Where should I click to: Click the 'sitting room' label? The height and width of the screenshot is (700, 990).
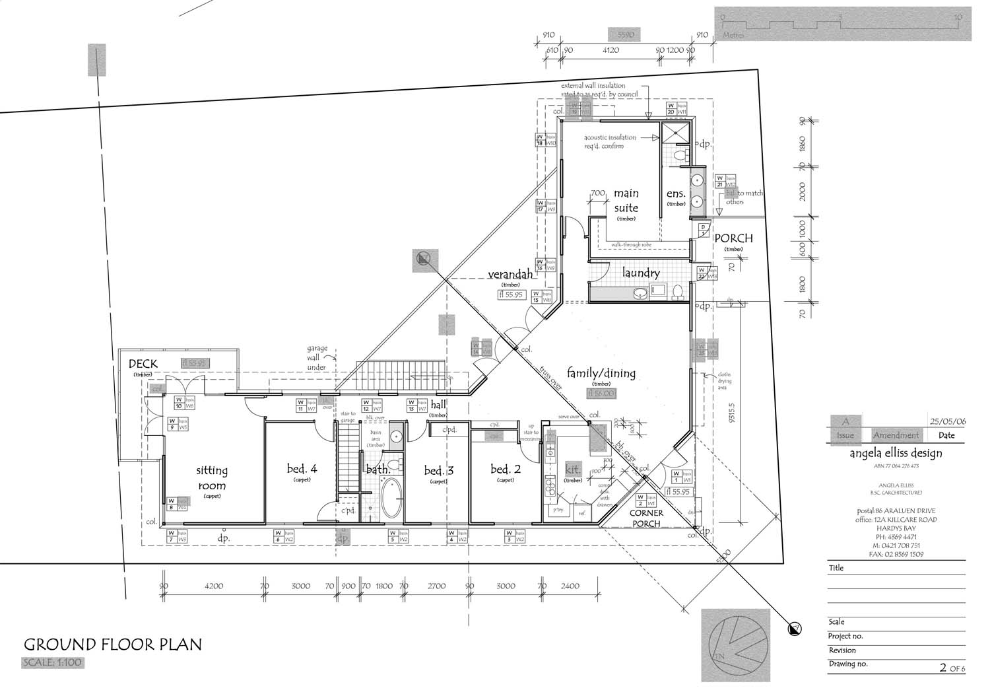coord(212,477)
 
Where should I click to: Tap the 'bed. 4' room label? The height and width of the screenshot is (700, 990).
coord(302,469)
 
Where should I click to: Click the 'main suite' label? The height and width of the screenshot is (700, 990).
coord(626,200)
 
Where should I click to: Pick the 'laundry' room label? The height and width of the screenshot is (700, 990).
coord(640,273)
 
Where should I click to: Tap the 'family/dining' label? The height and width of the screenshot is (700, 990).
coord(601,373)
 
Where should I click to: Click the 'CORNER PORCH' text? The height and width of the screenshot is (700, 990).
coord(646,518)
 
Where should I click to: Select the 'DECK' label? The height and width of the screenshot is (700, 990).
coord(143,364)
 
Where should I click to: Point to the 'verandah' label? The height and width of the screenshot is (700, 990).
coord(510,275)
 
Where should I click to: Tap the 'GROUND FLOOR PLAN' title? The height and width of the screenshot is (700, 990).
coord(113,645)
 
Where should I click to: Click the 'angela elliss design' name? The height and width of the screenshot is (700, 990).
coord(896,453)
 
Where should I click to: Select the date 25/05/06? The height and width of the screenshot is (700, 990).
coord(947,421)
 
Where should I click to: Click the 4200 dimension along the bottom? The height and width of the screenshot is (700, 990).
coord(214,586)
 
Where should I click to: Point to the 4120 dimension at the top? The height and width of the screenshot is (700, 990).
coord(612,50)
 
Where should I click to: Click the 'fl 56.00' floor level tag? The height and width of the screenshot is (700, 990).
coord(601,393)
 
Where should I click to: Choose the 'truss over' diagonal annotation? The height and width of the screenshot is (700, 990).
coord(550,379)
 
